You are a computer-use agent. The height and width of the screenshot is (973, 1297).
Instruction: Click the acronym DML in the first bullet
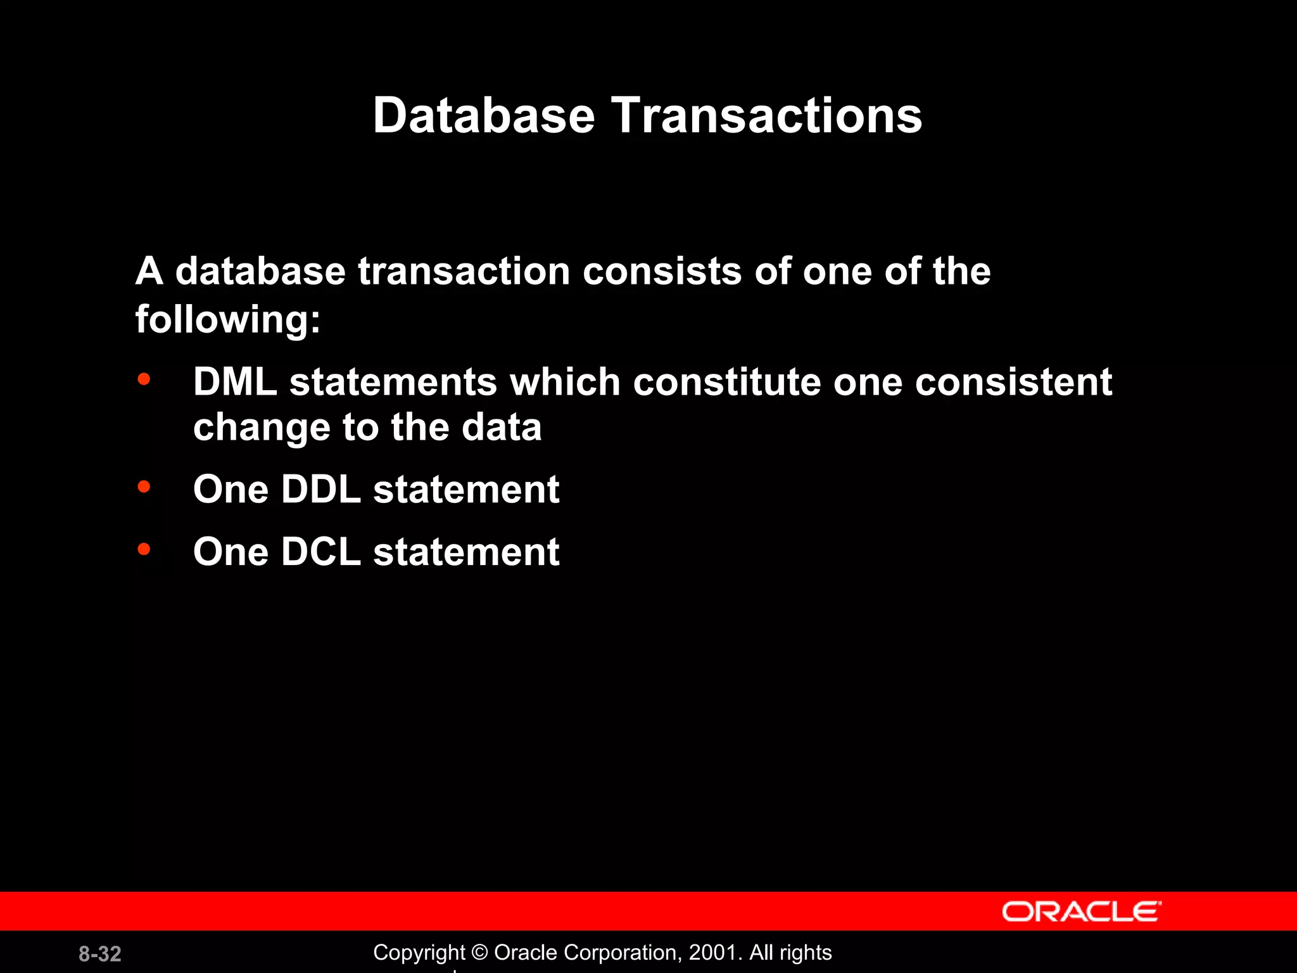click(x=235, y=382)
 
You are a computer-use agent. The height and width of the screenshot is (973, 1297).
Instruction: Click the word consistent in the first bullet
click(x=1013, y=382)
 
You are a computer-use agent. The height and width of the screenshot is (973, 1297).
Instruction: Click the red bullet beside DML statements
click(x=144, y=379)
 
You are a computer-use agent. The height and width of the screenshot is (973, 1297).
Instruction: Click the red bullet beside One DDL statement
click(x=144, y=486)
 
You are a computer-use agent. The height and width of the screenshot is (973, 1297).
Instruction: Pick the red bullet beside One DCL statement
click(x=144, y=549)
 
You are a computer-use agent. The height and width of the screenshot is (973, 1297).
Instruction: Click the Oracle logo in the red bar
click(x=1081, y=912)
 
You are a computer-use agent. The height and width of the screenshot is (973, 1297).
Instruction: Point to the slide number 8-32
click(x=100, y=953)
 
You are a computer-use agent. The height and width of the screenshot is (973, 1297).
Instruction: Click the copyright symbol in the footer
click(x=480, y=953)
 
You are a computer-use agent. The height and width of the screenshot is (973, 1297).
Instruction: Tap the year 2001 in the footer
click(x=712, y=952)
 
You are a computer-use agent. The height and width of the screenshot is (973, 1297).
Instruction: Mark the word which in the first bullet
click(x=564, y=382)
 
